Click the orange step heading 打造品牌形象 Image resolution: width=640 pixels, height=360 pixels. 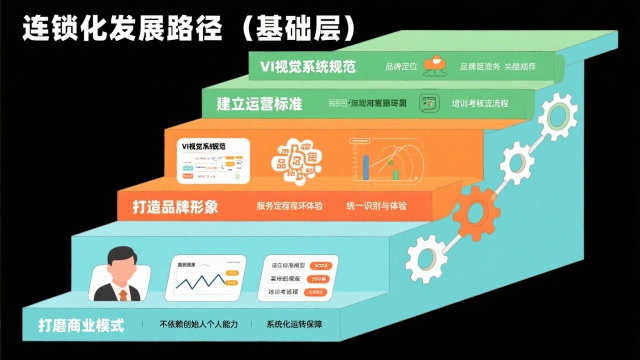click(176, 208)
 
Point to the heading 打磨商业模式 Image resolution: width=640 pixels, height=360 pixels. click(83, 326)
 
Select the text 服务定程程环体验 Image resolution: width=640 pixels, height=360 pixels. click(289, 207)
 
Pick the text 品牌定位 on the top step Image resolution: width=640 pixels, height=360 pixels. click(400, 67)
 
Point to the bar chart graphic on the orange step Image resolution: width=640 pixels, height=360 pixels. click(391, 158)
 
